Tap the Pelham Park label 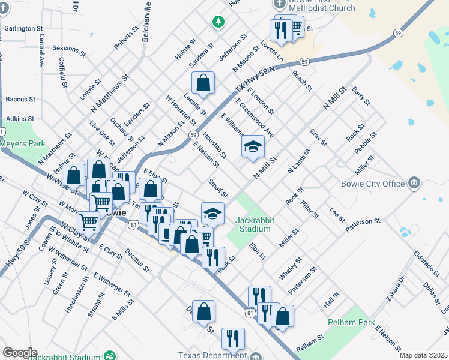(x=351, y=322)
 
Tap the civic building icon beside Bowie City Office (x=414, y=182)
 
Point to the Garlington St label (x=23, y=28)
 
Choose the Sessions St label (x=69, y=48)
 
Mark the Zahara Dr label (x=398, y=287)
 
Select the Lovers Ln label (x=272, y=51)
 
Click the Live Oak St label (x=102, y=133)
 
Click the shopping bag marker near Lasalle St (x=203, y=83)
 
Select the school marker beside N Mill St (x=253, y=148)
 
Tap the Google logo (x=19, y=353)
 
